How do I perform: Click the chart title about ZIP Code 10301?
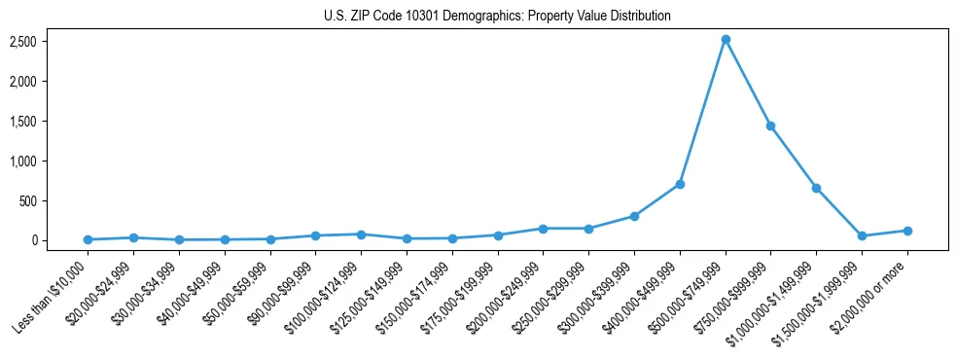497,17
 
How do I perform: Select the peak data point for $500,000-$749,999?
726,40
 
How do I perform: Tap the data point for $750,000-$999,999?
770,126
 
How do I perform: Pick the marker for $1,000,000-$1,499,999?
816,188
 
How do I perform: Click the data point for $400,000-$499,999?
680,184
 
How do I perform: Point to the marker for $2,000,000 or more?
907,231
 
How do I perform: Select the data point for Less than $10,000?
89,239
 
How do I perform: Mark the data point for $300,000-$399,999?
634,216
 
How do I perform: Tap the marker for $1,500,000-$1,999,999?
862,235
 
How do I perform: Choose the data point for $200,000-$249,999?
543,229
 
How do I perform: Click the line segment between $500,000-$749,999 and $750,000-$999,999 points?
748,83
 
